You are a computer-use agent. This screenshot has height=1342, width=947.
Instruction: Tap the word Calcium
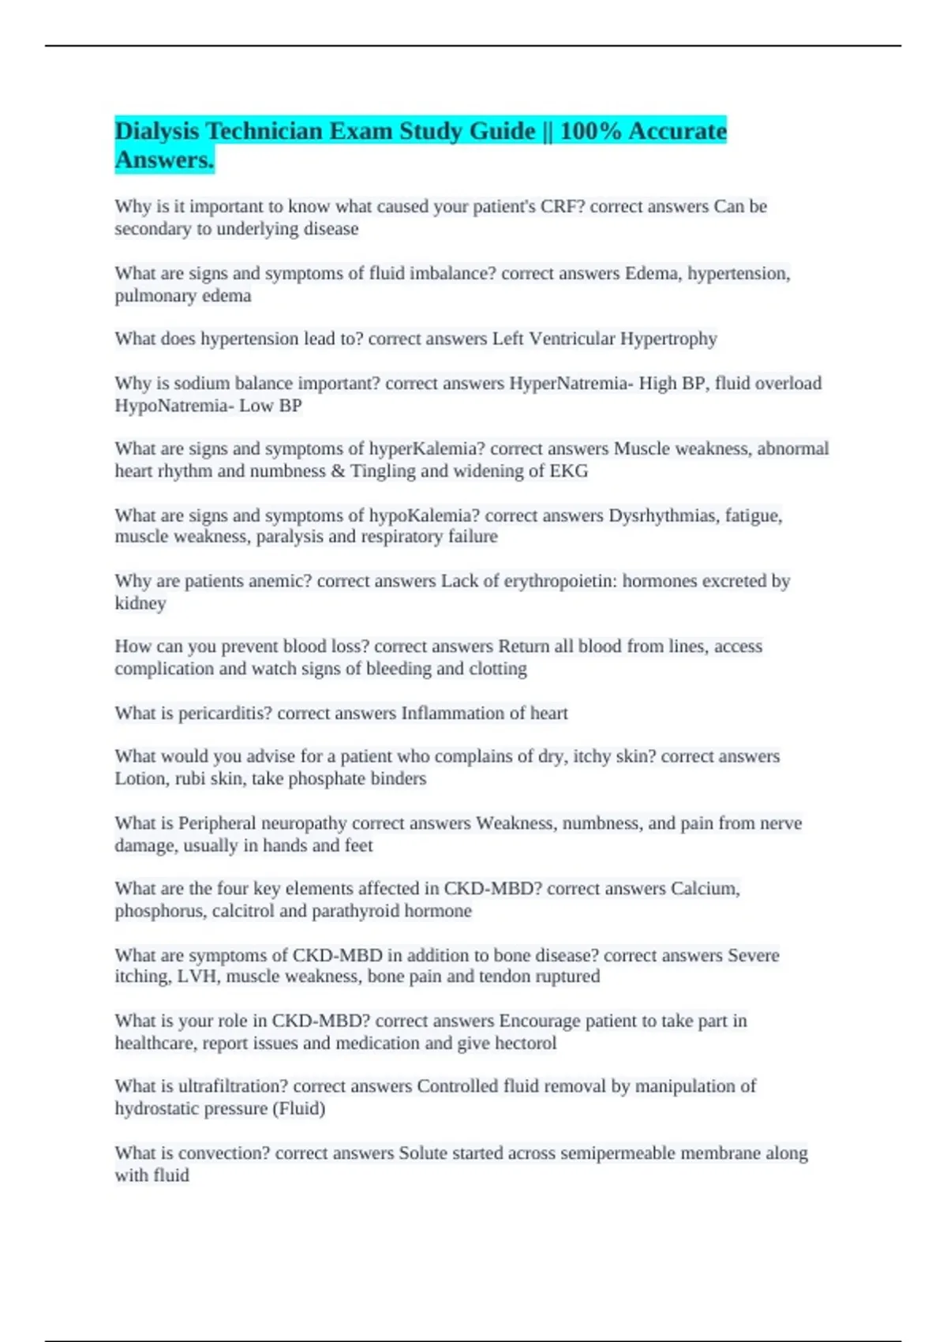coord(705,889)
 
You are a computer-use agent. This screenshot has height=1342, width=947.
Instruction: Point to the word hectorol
coord(525,1043)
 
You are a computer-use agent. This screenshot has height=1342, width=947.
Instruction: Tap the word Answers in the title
coord(164,159)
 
